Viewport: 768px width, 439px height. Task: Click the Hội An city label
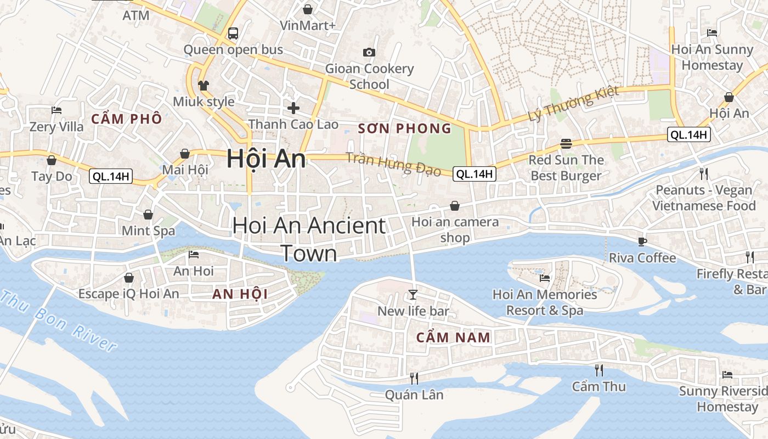point(266,159)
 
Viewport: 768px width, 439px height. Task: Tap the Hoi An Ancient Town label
point(309,239)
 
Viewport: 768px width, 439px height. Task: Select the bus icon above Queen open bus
point(233,33)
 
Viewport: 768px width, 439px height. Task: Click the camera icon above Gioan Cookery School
point(369,52)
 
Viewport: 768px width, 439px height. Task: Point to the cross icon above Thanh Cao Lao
point(293,108)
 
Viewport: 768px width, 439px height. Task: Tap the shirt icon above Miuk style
point(204,85)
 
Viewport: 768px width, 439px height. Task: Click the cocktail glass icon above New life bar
point(413,295)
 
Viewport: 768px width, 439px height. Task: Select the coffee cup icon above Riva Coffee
point(642,241)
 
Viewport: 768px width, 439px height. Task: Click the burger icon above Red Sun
point(566,144)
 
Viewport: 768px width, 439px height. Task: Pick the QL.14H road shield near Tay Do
point(111,176)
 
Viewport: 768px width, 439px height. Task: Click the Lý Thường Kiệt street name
point(573,104)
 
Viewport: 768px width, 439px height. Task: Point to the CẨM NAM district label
point(453,337)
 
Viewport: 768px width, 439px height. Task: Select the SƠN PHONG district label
point(404,129)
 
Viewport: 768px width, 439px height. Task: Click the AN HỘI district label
point(240,294)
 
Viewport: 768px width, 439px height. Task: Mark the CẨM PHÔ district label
point(127,119)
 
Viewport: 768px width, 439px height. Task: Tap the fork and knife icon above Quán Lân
point(414,378)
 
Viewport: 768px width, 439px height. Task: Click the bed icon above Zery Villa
point(56,110)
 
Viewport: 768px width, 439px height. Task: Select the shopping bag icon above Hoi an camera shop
point(455,206)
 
